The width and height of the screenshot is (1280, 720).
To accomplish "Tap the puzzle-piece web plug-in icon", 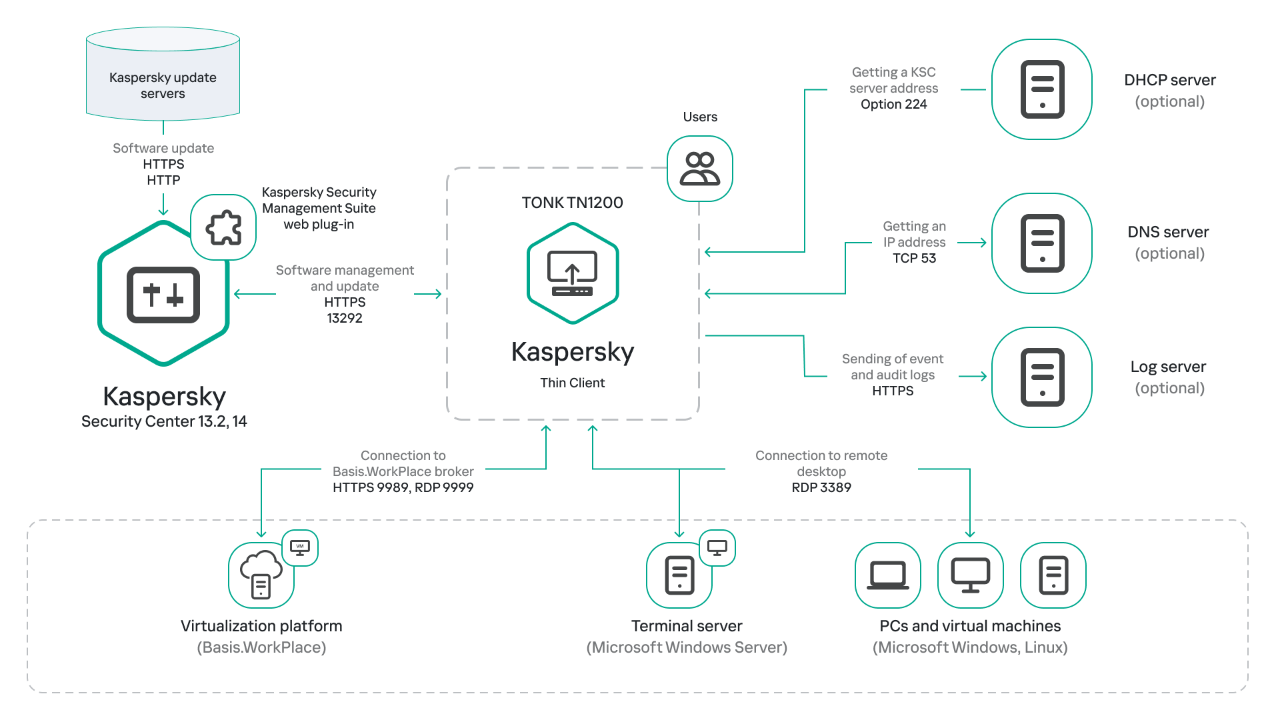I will point(223,228).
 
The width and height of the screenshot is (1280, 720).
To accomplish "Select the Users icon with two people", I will point(700,169).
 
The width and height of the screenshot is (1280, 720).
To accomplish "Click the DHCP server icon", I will point(1042,89).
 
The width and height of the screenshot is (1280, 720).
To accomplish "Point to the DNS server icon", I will point(1042,243).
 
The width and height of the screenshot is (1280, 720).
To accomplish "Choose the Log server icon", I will point(1042,377).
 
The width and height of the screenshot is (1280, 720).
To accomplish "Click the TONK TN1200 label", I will point(572,203).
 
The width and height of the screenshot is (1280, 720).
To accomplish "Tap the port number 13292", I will point(345,318).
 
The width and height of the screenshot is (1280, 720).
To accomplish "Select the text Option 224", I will point(893,104).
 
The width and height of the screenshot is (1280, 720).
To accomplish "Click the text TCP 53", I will point(914,258).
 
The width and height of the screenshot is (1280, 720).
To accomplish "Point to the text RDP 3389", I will point(821,487).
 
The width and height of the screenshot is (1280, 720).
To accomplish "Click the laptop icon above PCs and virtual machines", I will point(888,575).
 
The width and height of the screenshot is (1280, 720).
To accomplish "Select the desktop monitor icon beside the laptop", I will point(970,575).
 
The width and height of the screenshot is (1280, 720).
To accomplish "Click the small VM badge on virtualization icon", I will point(300,547).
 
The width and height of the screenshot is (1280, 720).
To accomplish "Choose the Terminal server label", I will point(687,626).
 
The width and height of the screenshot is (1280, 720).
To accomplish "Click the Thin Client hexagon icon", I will point(573,273).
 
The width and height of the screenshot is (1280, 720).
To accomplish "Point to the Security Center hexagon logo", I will point(163,294).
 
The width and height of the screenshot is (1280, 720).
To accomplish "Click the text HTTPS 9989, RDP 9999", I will point(403,487).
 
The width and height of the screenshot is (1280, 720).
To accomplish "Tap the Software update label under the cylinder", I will point(163,148).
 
